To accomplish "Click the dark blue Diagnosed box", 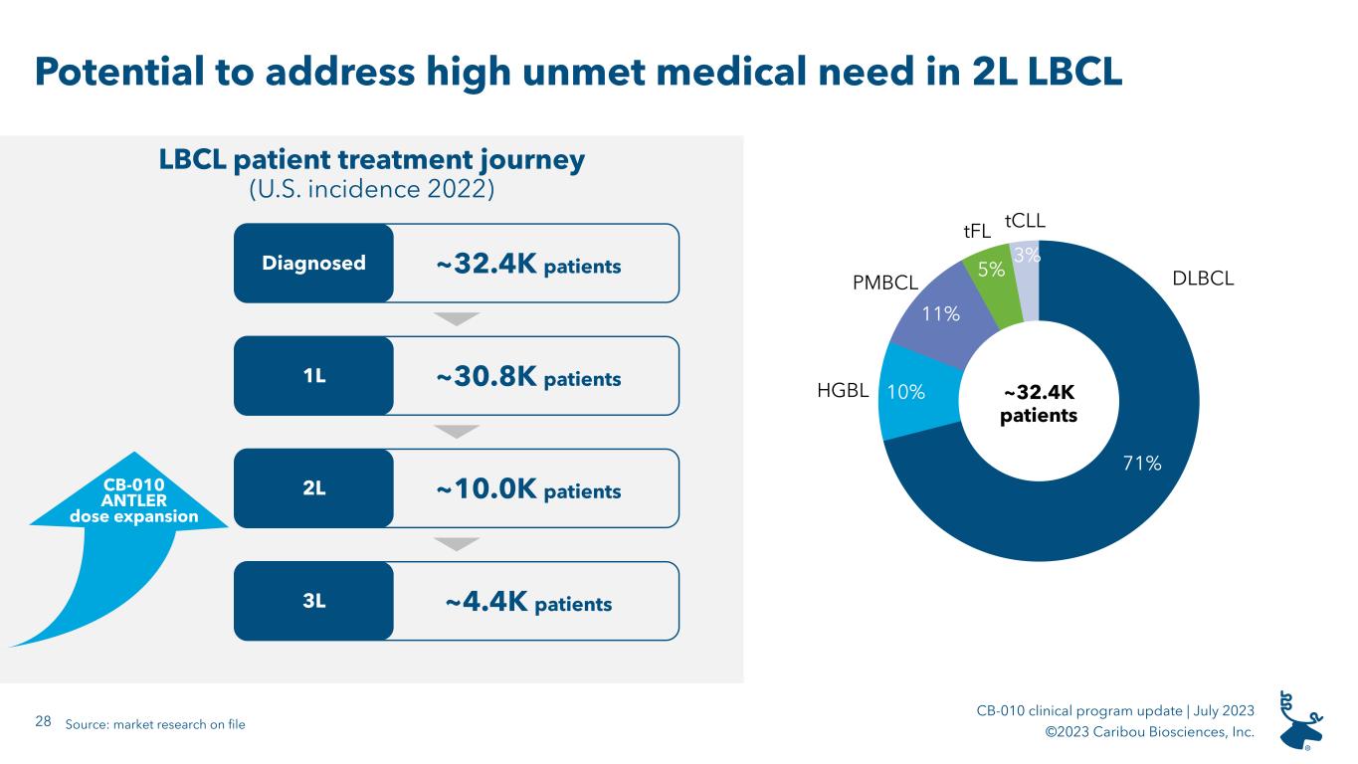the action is point(313,264).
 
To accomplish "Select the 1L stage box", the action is point(313,376).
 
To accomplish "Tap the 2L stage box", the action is point(313,488).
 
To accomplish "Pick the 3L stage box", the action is point(313,601).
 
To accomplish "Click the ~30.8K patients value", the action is point(528,377).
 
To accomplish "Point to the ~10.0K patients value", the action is point(528,489).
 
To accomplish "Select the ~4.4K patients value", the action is point(528,602).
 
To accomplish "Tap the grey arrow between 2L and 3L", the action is point(457,544).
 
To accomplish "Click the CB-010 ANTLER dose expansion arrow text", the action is point(134,500).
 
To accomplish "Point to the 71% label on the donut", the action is point(1142,464).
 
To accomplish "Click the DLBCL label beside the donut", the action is point(1203,279).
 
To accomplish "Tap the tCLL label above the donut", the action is point(1025,221).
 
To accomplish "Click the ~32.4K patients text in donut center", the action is point(1039,404).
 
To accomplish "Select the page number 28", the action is point(43,721).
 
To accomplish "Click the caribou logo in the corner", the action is point(1300,720).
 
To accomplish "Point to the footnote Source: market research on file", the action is point(155,724).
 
